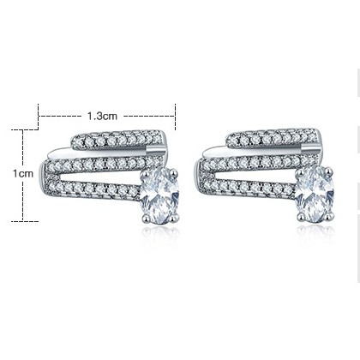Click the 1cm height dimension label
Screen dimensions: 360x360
coord(23,173)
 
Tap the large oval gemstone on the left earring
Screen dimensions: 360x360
coord(159,195)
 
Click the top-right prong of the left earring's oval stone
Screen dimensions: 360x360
coord(174,173)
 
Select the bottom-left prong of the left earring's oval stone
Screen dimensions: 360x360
coord(146,219)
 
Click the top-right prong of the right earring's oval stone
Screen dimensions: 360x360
coord(329,171)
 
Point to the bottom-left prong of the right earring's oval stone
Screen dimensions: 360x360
coord(301,217)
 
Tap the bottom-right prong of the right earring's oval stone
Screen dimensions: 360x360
coord(330,217)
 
